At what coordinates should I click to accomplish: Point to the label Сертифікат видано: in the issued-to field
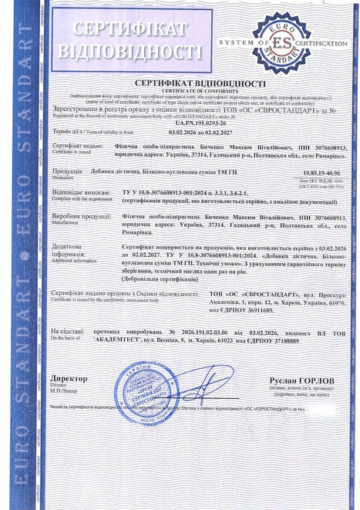tap(77, 145)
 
